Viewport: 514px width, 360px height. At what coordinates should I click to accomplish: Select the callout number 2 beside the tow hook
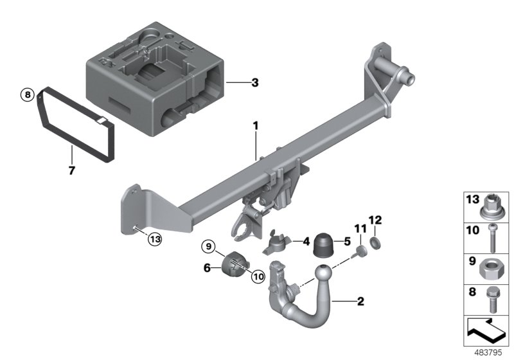pyautogui.click(x=362, y=300)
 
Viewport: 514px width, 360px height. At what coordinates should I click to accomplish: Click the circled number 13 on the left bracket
pyautogui.click(x=154, y=239)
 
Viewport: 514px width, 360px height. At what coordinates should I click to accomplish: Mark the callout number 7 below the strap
pyautogui.click(x=72, y=171)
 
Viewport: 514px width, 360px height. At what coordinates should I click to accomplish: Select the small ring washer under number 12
pyautogui.click(x=377, y=243)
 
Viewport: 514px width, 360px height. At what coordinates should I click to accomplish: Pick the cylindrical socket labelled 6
pyautogui.click(x=235, y=265)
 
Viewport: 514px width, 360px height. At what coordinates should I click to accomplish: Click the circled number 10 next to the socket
pyautogui.click(x=258, y=276)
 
